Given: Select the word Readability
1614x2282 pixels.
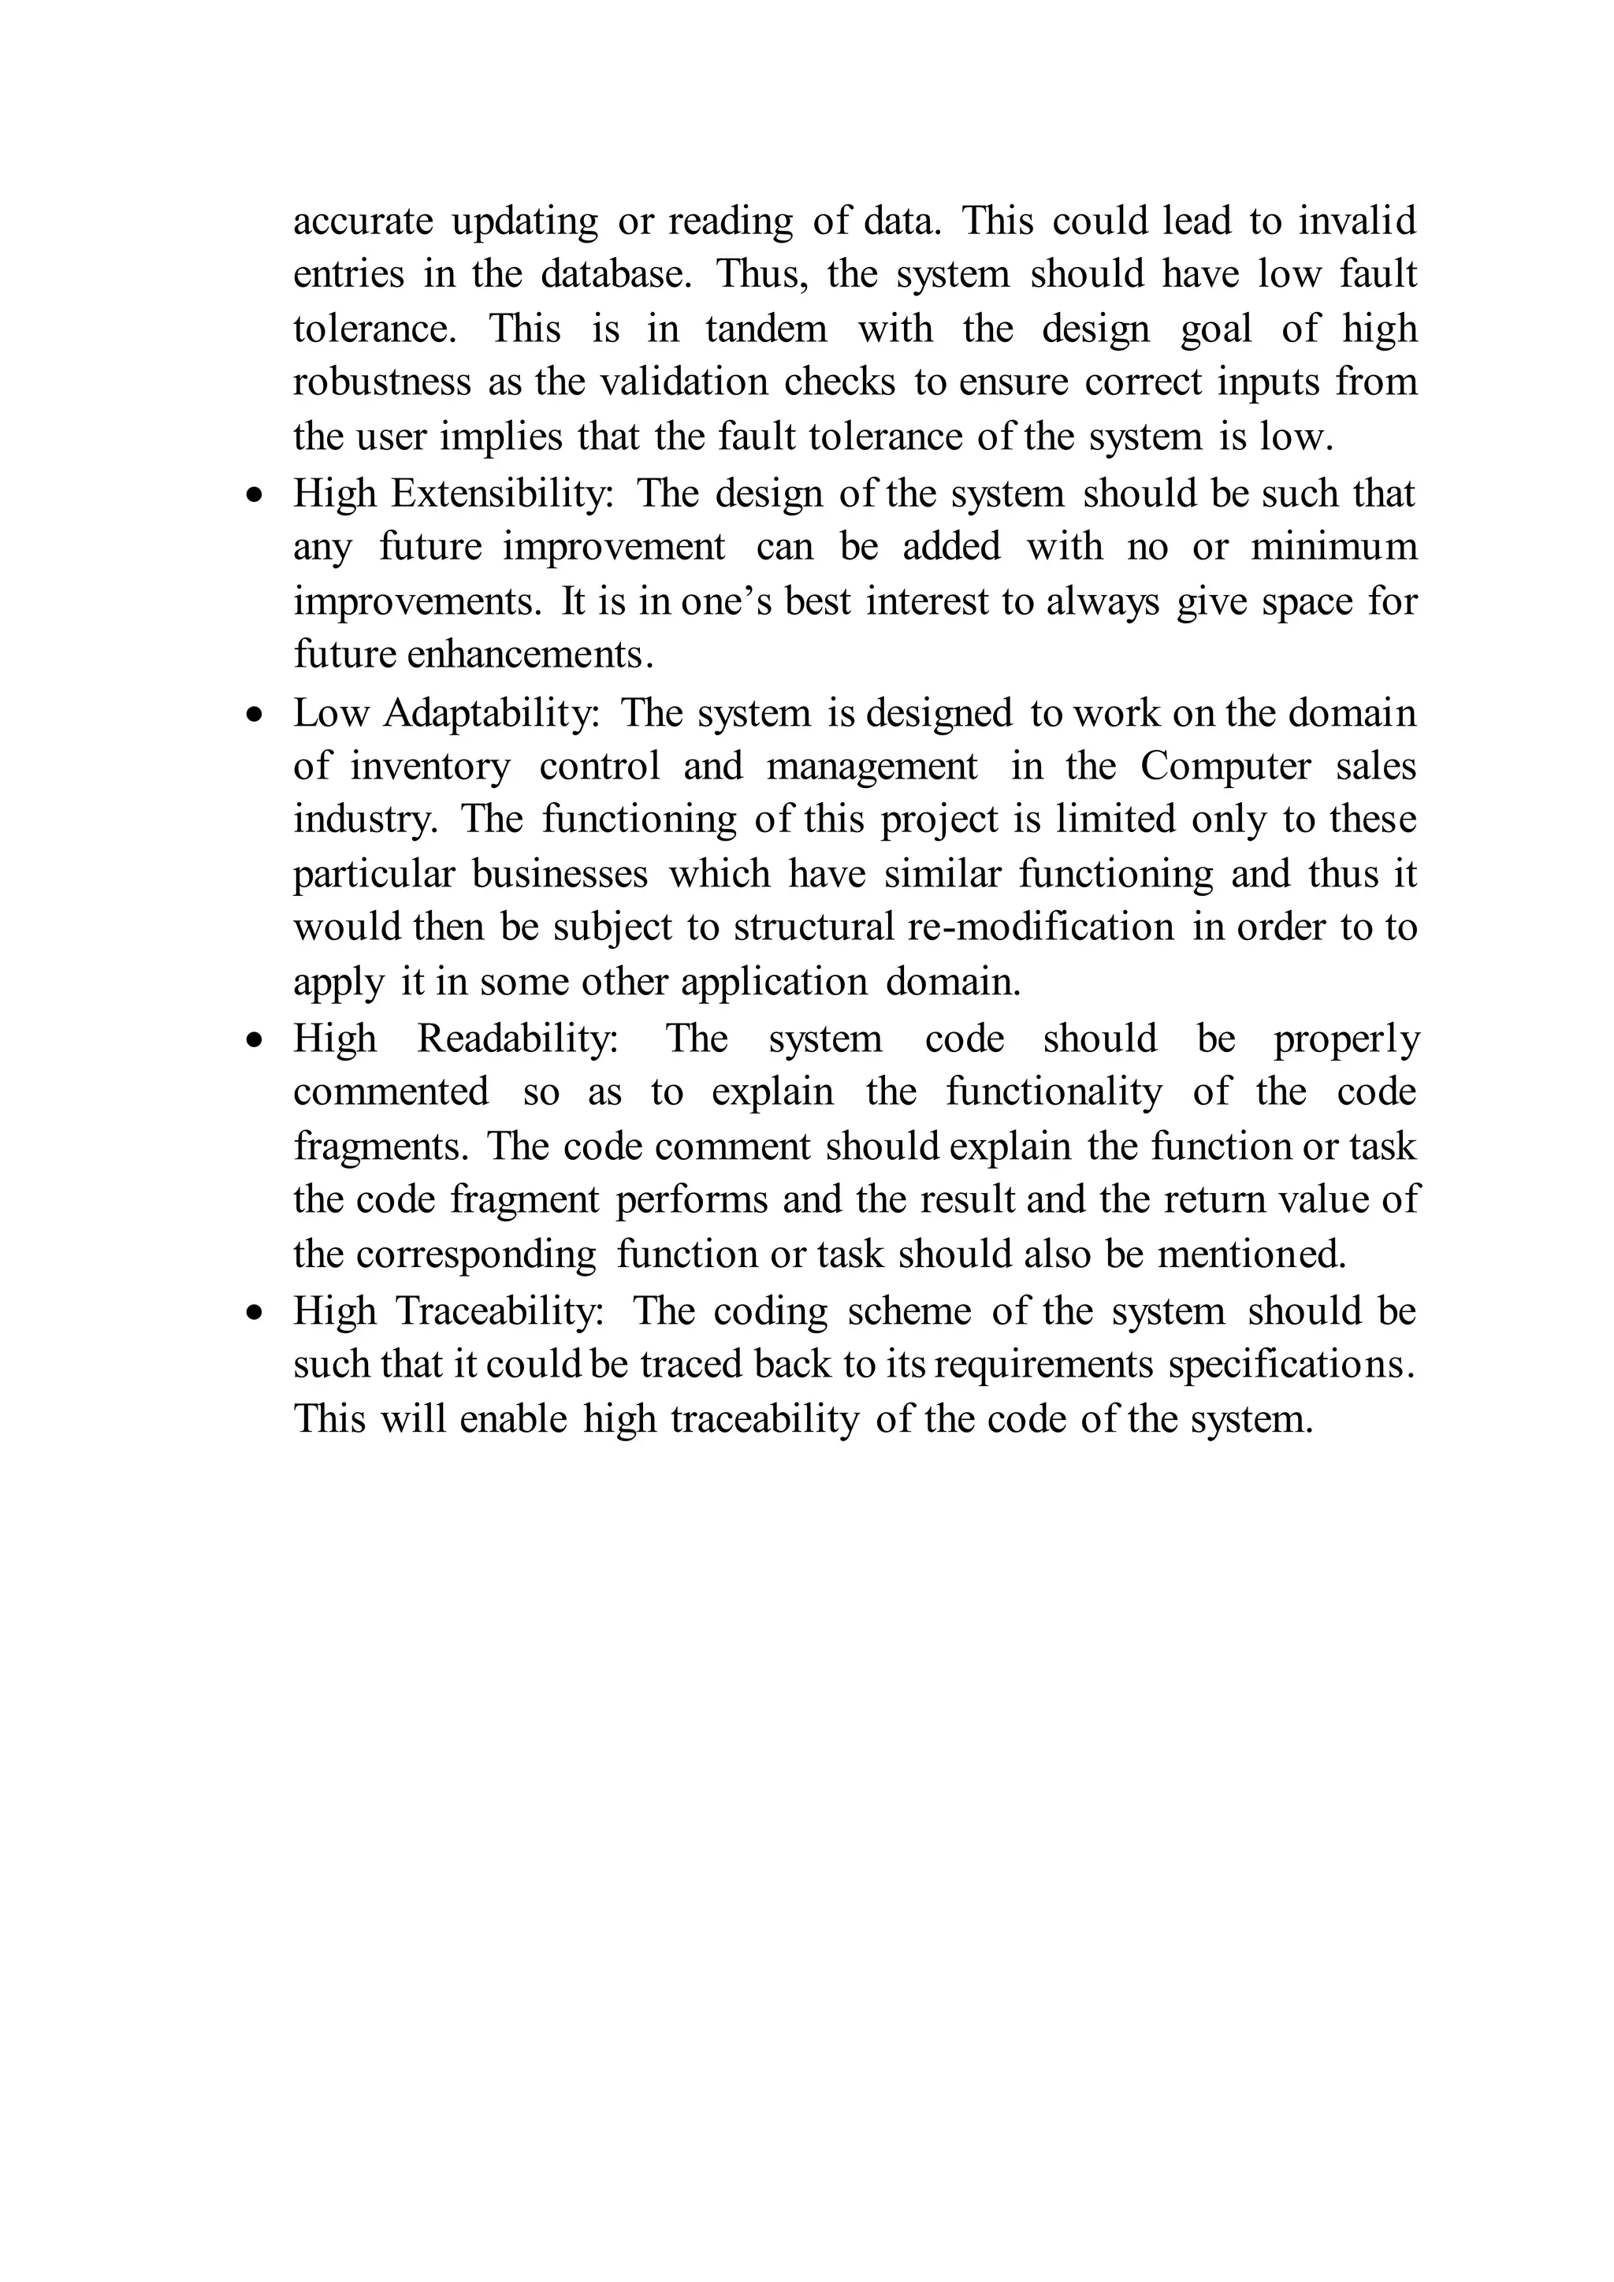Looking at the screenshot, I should pos(518,1039).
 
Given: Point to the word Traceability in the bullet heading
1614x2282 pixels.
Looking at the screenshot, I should pos(500,1311).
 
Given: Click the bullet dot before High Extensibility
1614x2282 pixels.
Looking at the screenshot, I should pos(256,495).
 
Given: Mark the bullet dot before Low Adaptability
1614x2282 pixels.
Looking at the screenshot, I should pos(256,715).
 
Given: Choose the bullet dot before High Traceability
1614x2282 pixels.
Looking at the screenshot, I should pos(256,1313).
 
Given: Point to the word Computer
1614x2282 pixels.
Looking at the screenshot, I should pos(1225,766).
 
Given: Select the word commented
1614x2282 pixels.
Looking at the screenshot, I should pos(391,1092).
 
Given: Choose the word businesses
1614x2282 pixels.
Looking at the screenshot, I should pos(560,874).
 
